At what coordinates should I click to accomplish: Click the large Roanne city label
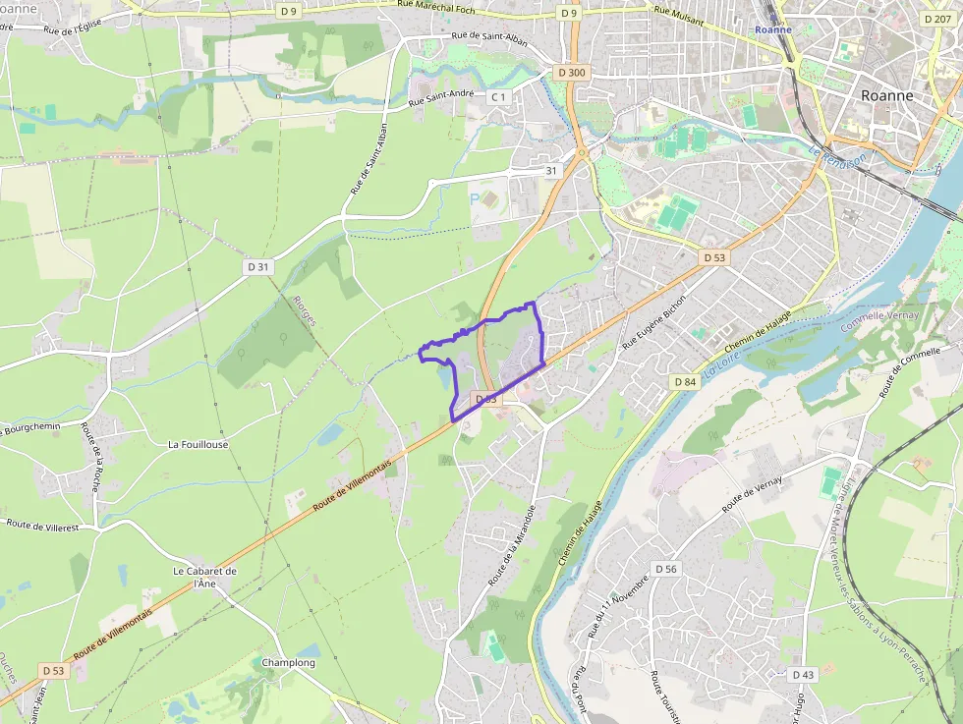(x=886, y=95)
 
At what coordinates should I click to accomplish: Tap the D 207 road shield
(x=937, y=19)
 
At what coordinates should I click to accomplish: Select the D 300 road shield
(x=570, y=72)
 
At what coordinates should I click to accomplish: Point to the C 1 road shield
(x=499, y=96)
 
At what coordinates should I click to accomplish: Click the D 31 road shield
(x=257, y=266)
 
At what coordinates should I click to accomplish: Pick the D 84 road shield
(x=685, y=381)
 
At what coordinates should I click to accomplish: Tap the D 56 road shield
(x=666, y=569)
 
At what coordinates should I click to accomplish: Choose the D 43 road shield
(x=803, y=674)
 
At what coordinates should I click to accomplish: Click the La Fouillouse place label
(x=198, y=444)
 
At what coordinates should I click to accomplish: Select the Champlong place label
(x=288, y=663)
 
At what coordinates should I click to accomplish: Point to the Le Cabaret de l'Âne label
(x=204, y=577)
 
